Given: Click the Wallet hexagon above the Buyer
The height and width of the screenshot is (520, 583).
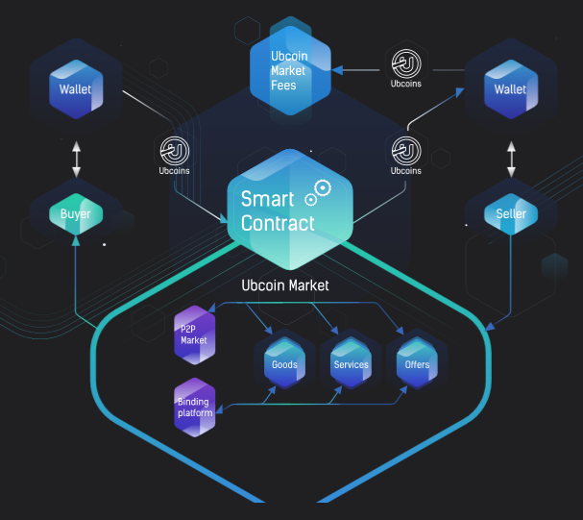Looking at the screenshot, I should pyautogui.click(x=76, y=90).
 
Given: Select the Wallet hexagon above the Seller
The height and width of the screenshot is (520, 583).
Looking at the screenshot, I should pyautogui.click(x=510, y=90).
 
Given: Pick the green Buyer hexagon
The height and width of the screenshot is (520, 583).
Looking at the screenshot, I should pyautogui.click(x=76, y=213).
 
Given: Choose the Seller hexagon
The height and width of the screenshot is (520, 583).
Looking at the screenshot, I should pyautogui.click(x=510, y=212).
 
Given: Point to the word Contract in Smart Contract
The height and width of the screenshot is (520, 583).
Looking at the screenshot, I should pyautogui.click(x=278, y=224).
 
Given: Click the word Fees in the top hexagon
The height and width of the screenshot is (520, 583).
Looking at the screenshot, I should pyautogui.click(x=282, y=85).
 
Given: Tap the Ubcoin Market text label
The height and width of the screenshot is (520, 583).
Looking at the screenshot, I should pyautogui.click(x=284, y=285).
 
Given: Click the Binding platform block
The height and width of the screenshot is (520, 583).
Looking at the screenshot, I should pyautogui.click(x=194, y=407).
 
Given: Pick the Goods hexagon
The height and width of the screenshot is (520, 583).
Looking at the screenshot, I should pyautogui.click(x=284, y=364).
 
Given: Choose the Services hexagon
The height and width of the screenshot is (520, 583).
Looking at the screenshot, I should pyautogui.click(x=351, y=364).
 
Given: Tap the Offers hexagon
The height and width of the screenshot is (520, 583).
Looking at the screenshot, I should pyautogui.click(x=417, y=364).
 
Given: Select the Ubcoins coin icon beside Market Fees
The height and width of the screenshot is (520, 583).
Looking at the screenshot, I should pyautogui.click(x=407, y=65).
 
